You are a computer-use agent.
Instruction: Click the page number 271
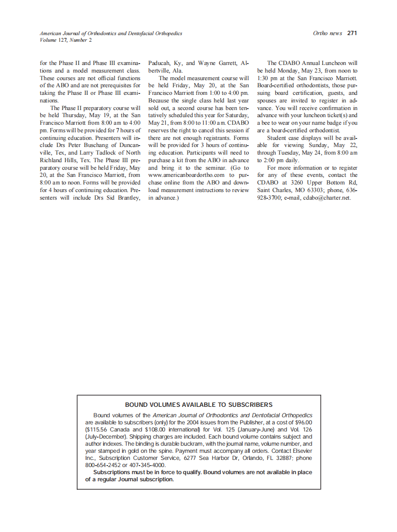coord(352,33)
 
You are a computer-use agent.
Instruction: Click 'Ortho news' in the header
coord(327,33)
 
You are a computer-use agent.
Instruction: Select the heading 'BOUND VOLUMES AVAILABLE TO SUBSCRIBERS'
coord(198,404)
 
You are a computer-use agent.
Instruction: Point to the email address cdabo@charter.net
coord(327,198)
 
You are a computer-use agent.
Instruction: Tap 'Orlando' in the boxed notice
coord(248,458)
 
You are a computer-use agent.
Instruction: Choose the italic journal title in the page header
coord(111,34)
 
